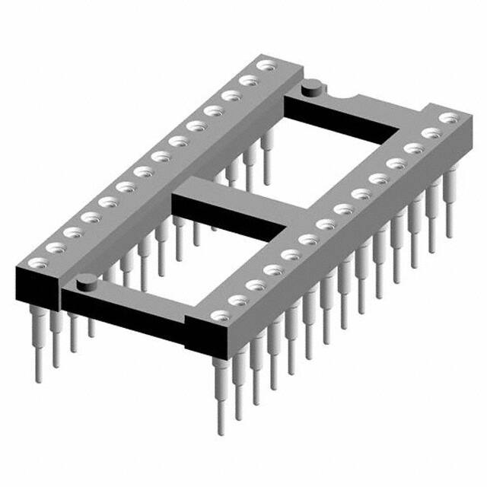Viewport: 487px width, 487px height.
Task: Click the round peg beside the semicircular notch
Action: (310, 91)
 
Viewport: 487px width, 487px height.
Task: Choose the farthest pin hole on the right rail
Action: (451, 118)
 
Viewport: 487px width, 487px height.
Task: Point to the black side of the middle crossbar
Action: (228, 221)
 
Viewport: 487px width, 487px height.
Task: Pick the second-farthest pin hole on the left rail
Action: (247, 79)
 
